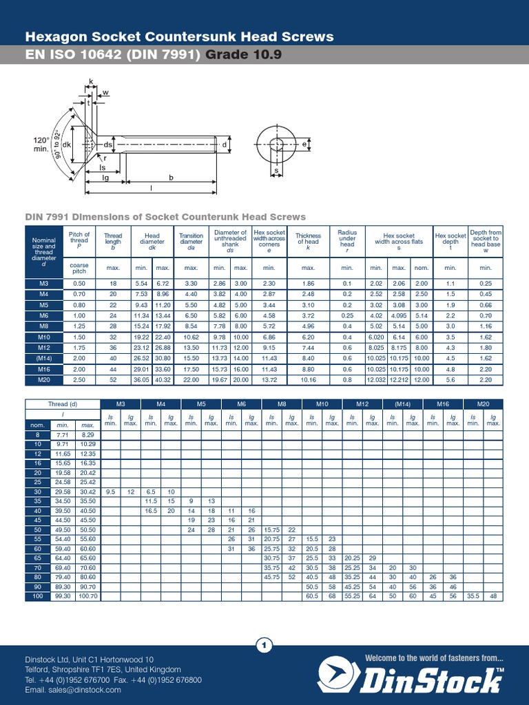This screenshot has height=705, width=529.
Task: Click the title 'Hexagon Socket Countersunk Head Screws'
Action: (x=179, y=36)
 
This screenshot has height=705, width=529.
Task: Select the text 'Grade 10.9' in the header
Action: (x=243, y=55)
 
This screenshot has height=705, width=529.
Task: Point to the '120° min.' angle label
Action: (x=42, y=145)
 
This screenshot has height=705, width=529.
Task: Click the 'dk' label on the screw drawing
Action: (x=67, y=145)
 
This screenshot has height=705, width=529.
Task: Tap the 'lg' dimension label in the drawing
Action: (x=105, y=177)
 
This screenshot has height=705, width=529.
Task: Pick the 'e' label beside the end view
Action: (x=304, y=144)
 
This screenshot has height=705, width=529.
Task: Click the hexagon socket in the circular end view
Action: (x=276, y=145)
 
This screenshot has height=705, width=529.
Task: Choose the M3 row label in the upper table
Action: (x=43, y=284)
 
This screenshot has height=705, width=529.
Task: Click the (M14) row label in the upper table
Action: (x=43, y=358)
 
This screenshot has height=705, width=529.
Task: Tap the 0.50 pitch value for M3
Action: (x=79, y=284)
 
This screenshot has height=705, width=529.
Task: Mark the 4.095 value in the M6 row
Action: (x=399, y=315)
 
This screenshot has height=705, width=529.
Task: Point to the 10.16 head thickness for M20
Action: (x=308, y=379)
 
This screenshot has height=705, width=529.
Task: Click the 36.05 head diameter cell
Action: (x=141, y=379)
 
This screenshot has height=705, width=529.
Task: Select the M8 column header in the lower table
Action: (x=282, y=404)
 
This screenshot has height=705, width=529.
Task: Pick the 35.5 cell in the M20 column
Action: (x=473, y=596)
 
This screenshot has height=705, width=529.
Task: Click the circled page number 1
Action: (x=264, y=645)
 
